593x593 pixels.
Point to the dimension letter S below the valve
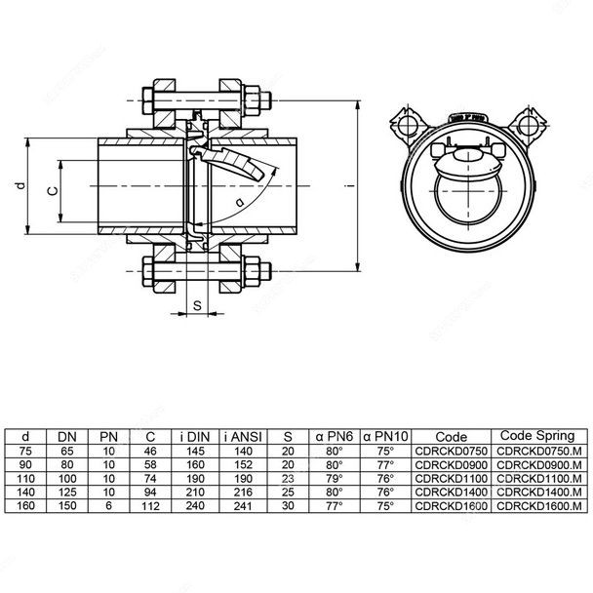tap(198, 305)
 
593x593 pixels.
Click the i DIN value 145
tap(194, 452)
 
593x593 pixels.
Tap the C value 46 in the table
tap(150, 452)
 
